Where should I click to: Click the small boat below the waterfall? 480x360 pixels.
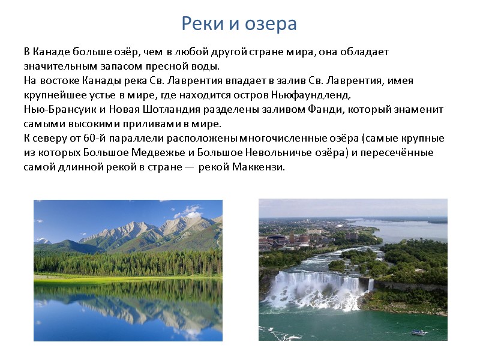(416, 332)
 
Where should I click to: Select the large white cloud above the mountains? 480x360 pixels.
(191, 211)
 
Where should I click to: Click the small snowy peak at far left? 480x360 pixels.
(43, 241)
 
